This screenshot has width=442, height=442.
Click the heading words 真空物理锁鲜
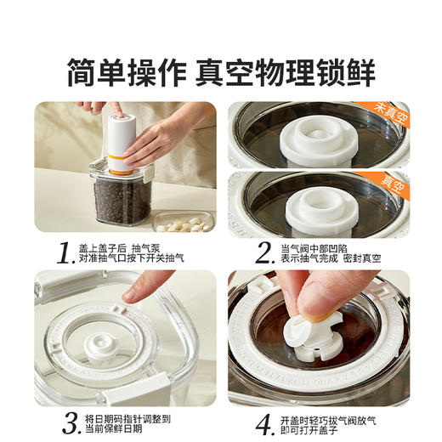285,71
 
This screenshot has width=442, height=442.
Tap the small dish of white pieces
183,224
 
